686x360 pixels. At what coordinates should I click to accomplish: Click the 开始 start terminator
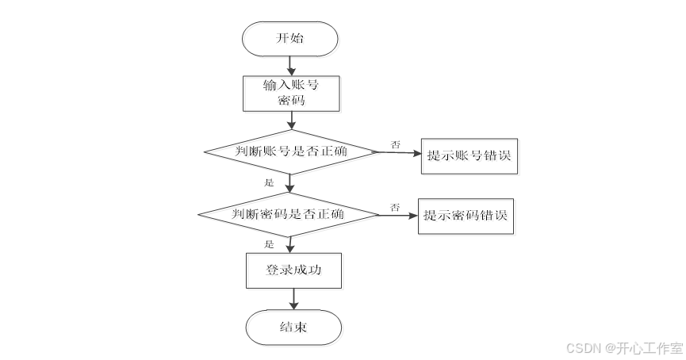pyautogui.click(x=290, y=39)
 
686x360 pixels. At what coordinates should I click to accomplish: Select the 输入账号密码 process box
pyautogui.click(x=290, y=93)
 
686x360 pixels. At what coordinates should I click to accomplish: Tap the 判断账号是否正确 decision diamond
pyautogui.click(x=290, y=151)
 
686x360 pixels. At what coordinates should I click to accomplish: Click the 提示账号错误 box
pyautogui.click(x=467, y=155)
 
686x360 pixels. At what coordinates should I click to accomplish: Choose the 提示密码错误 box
pyautogui.click(x=466, y=216)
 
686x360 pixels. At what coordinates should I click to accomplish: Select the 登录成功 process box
pyautogui.click(x=293, y=270)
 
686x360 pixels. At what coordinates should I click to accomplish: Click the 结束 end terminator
pyautogui.click(x=293, y=327)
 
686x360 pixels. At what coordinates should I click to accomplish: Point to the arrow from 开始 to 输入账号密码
pyautogui.click(x=290, y=65)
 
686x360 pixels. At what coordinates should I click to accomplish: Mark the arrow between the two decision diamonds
pyautogui.click(x=290, y=182)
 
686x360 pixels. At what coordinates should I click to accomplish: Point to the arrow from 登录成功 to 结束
pyautogui.click(x=294, y=298)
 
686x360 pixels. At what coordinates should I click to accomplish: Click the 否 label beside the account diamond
pyautogui.click(x=395, y=144)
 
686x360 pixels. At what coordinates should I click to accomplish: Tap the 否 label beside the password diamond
pyautogui.click(x=394, y=207)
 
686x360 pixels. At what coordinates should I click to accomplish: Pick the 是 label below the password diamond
pyautogui.click(x=269, y=243)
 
